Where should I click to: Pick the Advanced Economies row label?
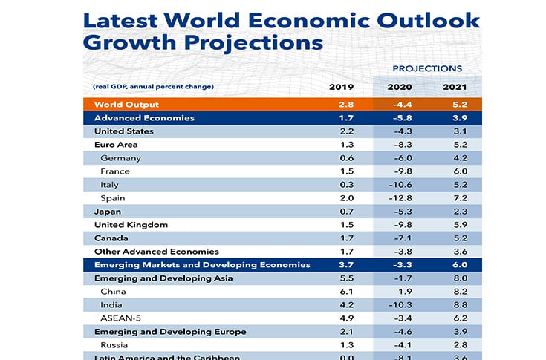click(x=144, y=118)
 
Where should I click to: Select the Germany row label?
click(x=120, y=158)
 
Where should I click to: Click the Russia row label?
click(x=114, y=345)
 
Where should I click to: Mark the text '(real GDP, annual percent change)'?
click(x=153, y=87)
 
